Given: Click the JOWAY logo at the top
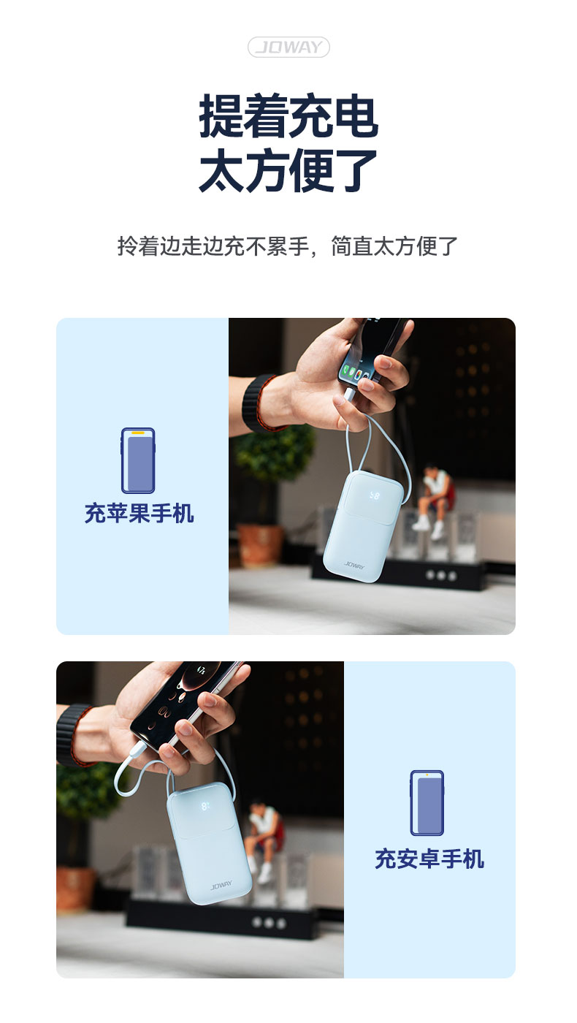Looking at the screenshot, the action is (x=288, y=47).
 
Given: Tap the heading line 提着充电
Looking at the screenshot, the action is (x=288, y=115).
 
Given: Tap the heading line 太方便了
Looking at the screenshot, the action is (x=288, y=170).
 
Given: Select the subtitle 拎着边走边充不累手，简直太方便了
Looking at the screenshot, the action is (x=288, y=246).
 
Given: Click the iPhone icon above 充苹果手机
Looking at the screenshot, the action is (x=138, y=460).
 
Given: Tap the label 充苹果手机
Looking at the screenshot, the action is (x=140, y=513).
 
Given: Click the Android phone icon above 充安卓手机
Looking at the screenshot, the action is (x=427, y=803).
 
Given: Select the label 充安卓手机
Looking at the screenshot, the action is (x=429, y=859).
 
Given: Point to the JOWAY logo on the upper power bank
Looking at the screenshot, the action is (x=354, y=565).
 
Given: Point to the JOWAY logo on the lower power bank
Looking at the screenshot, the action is (x=221, y=886).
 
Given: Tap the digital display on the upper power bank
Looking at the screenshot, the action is (x=374, y=495).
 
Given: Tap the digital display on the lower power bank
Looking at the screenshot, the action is (x=205, y=806).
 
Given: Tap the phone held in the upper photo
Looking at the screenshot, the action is (x=372, y=349).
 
